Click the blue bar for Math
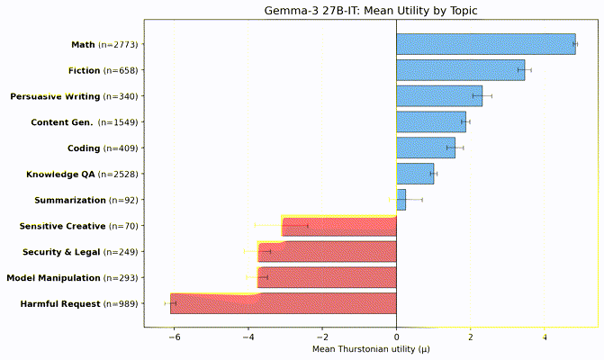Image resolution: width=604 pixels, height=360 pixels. (485, 44)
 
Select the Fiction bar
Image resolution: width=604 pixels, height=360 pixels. (460, 70)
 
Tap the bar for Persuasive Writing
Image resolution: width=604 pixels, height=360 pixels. (438, 96)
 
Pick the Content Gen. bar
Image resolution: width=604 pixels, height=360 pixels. (430, 122)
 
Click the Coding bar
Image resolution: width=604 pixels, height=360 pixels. (425, 148)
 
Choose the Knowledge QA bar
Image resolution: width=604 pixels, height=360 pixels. (415, 174)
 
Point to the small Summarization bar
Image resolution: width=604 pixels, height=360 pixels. (401, 200)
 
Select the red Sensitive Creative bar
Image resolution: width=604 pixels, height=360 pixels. (339, 226)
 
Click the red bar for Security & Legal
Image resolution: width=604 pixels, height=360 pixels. (328, 252)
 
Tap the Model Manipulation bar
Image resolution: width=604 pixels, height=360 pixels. (328, 278)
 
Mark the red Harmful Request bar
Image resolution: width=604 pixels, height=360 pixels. (284, 304)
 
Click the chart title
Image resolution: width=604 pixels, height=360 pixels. (370, 11)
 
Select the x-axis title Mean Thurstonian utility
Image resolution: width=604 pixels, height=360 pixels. (370, 349)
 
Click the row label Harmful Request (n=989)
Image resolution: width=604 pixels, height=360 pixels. (73, 304)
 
